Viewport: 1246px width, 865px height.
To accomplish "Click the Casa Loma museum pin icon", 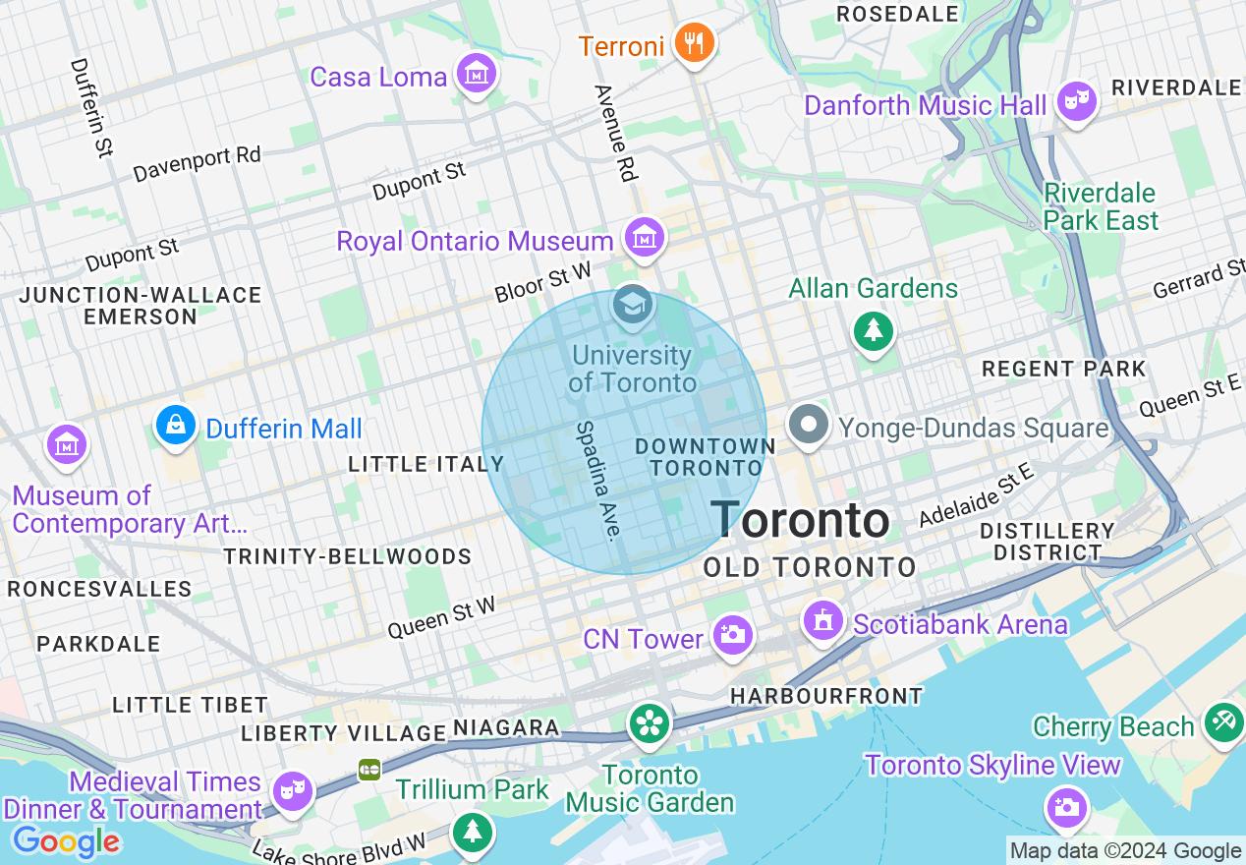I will [477, 74].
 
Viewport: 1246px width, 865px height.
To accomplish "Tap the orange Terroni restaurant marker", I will [695, 43].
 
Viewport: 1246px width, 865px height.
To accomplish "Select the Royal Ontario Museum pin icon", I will [644, 238].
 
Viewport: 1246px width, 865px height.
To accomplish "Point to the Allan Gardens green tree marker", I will [873, 329].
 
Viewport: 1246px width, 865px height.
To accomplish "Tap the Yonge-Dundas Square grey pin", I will [809, 426].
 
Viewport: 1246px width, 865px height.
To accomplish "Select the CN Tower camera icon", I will [731, 635].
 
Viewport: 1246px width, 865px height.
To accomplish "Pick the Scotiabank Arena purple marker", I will [822, 620].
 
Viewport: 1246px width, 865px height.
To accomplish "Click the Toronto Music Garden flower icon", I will [650, 723].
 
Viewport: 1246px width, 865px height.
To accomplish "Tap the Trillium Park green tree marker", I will [474, 832].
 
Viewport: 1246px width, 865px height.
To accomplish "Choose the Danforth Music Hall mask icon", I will [1076, 100].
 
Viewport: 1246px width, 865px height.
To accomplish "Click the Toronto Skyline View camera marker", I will [1066, 807].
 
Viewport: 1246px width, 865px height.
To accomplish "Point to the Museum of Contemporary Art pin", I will [67, 445].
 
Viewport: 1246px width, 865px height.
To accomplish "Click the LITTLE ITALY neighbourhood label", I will [425, 464].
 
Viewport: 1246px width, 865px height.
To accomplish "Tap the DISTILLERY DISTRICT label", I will [1047, 542].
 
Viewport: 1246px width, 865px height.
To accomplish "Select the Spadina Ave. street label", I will [598, 481].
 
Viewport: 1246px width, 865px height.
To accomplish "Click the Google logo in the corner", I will [65, 841].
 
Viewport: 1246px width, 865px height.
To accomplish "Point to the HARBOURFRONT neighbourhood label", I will [825, 696].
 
